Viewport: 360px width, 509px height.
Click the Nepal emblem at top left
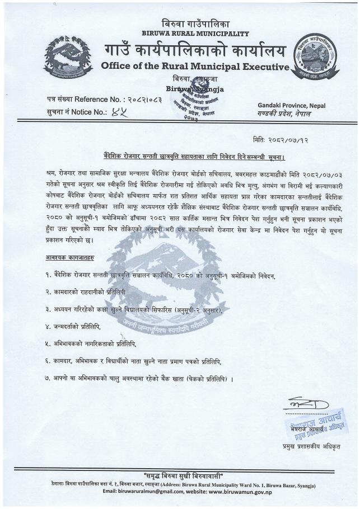point(63,56)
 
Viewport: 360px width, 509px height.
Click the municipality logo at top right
point(317,59)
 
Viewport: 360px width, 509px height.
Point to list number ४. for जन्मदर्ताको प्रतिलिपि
point(50,326)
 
